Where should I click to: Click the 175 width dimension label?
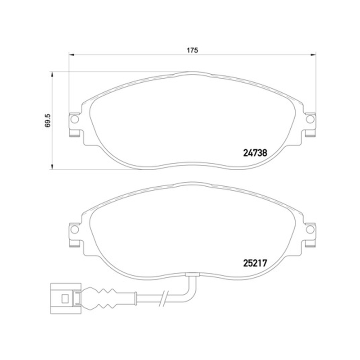click(192, 50)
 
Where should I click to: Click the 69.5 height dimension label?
click(48, 121)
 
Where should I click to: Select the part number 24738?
click(255, 153)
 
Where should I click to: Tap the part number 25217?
click(255, 263)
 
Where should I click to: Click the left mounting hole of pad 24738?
click(75, 119)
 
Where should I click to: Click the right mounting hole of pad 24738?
click(310, 119)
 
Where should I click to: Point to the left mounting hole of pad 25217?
click(75, 229)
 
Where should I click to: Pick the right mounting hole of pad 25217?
click(310, 229)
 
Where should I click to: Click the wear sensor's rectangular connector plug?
click(66, 298)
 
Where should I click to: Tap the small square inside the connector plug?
click(65, 298)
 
